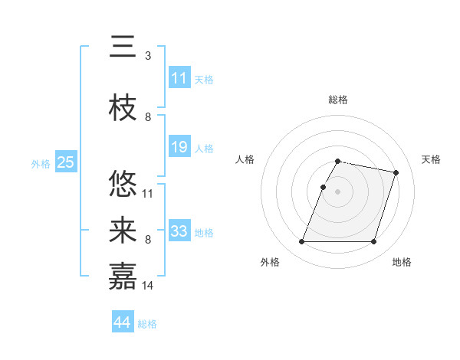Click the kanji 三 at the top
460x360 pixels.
(123, 49)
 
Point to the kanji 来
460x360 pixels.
(123, 231)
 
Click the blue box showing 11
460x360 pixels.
(179, 78)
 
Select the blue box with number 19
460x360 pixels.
(179, 147)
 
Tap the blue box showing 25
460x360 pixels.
(65, 162)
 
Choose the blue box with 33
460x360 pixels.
(179, 231)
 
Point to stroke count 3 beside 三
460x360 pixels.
(147, 55)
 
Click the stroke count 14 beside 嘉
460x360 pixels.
(148, 285)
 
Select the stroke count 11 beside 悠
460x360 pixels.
(148, 193)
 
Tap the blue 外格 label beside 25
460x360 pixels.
(41, 163)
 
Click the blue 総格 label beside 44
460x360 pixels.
(147, 324)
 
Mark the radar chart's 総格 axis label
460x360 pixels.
(337, 100)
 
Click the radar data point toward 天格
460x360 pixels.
(396, 173)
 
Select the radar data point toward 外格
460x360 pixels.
(302, 242)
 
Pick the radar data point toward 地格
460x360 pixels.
(373, 242)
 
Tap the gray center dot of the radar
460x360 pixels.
(337, 192)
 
